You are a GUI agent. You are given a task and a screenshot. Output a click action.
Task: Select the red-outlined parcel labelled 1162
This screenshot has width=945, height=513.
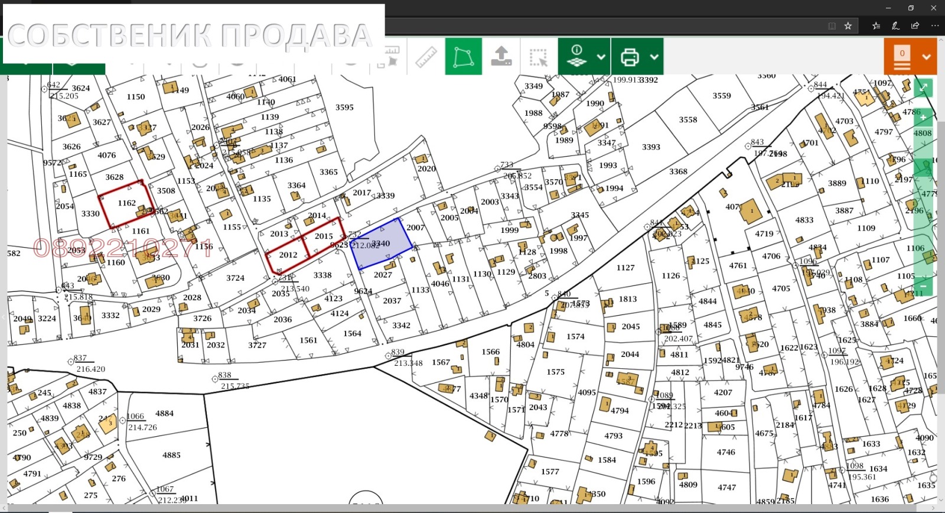[x=126, y=203]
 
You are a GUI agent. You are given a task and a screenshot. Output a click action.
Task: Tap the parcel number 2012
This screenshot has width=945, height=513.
[x=288, y=255]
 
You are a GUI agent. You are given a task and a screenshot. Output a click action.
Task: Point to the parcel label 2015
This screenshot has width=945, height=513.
[x=324, y=236]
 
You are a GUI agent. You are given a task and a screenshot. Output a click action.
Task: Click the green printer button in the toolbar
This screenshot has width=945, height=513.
[x=630, y=57]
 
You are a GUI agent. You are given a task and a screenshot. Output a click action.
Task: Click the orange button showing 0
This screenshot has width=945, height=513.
[x=902, y=57]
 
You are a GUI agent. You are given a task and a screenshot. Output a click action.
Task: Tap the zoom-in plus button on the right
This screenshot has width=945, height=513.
[x=923, y=118]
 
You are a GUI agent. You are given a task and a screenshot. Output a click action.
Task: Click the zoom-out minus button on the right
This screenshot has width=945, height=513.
[x=923, y=286]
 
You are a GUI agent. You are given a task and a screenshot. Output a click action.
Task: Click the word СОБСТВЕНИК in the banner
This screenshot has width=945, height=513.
[x=109, y=36]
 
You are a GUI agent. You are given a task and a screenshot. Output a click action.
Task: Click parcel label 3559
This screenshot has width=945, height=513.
[x=721, y=96]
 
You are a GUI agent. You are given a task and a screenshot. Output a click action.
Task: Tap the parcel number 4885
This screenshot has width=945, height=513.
[x=171, y=455]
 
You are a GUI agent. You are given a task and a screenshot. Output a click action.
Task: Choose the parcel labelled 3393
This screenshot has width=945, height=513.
[x=651, y=147]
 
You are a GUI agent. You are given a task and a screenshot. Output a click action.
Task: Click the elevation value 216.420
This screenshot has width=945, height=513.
[x=90, y=369]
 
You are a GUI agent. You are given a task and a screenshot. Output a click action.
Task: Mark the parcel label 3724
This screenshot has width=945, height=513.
[x=235, y=278]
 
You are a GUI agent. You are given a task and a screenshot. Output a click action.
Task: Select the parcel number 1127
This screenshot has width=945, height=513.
[x=625, y=268]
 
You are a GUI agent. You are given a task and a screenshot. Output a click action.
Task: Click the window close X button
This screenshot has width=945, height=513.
[x=933, y=8]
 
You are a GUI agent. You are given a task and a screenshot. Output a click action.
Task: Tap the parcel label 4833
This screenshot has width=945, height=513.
[x=804, y=220]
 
